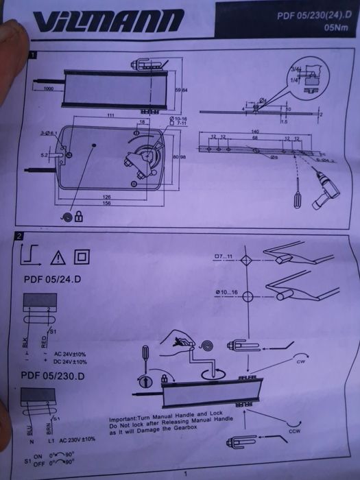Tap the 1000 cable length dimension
[49, 89]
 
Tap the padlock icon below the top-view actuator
[79, 217]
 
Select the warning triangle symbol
[58, 258]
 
